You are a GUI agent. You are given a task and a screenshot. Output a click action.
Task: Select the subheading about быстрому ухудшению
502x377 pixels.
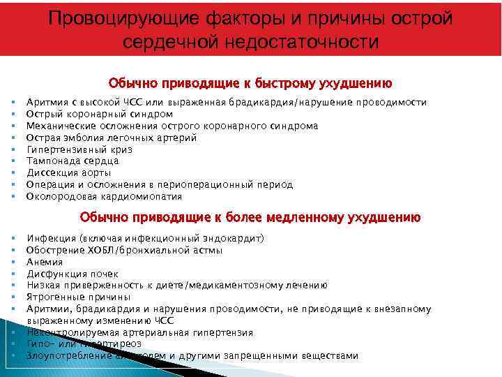click(250, 83)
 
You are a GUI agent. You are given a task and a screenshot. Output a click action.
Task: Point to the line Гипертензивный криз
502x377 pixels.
click(79, 149)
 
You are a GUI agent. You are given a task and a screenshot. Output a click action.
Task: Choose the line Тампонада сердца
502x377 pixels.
click(72, 161)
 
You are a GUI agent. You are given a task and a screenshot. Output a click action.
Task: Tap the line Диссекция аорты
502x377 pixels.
click(68, 173)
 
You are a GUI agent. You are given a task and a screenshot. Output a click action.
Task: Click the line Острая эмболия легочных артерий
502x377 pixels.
click(112, 138)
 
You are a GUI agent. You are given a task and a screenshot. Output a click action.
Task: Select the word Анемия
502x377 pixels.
click(44, 262)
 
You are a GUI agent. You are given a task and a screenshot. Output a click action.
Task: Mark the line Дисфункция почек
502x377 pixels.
click(72, 274)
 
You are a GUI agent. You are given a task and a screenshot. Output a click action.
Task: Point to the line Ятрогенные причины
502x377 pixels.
click(74, 297)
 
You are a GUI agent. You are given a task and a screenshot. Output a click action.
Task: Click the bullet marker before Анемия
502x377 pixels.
click(13, 262)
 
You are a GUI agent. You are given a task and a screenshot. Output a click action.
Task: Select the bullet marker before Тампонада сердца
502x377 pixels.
click(13, 161)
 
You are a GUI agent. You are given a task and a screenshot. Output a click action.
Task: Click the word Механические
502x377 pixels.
click(59, 126)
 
